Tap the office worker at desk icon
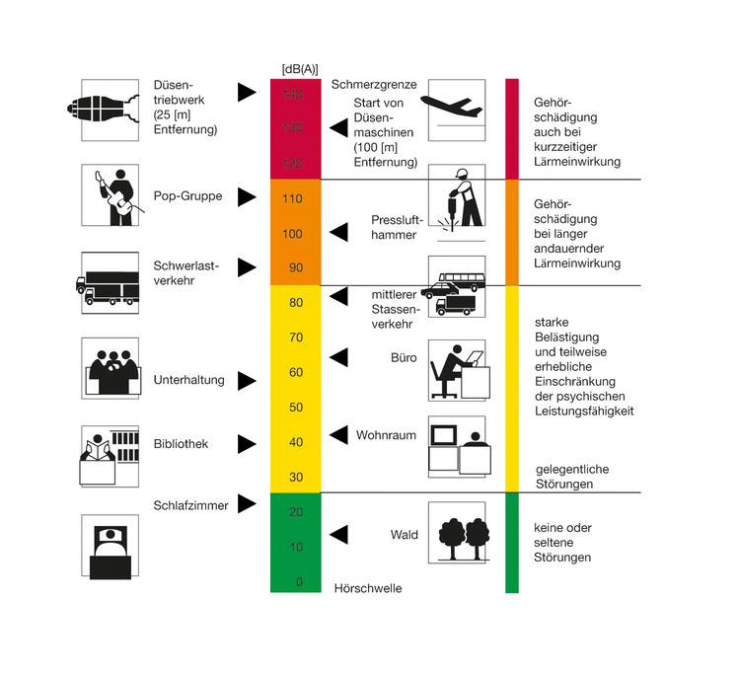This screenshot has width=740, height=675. pos(456,371)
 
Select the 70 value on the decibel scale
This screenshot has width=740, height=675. pos(294,337)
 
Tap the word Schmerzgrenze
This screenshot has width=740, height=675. pos(374,86)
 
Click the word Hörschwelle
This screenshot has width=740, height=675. pos(368,588)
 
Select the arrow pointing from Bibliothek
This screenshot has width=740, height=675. pos(247,444)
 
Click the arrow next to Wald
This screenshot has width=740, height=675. pos(338,534)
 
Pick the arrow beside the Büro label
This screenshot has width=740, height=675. pos(338,356)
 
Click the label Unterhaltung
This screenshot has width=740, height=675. pos(189,380)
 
